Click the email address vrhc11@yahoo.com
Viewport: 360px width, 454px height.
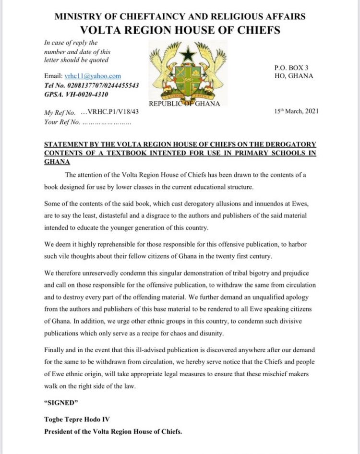[93, 76]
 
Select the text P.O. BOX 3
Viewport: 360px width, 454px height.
[288, 68]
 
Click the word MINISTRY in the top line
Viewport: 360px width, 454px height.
[76, 16]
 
